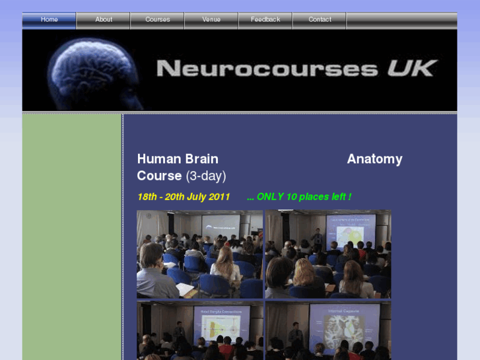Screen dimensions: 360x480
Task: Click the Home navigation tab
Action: tap(50, 20)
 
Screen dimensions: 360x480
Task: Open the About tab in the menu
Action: tap(104, 20)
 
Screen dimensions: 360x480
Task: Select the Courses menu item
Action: tap(158, 20)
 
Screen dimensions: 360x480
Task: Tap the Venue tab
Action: tap(211, 20)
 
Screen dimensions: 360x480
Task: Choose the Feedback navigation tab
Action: tap(265, 20)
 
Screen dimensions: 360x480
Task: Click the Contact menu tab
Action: tap(320, 20)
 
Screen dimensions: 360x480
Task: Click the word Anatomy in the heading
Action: tap(374, 159)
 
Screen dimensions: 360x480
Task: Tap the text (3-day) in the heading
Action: tap(206, 176)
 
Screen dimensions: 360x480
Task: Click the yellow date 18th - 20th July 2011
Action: tap(184, 197)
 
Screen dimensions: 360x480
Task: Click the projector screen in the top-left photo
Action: tap(221, 227)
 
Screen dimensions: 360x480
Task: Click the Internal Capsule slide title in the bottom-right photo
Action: tap(343, 308)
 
